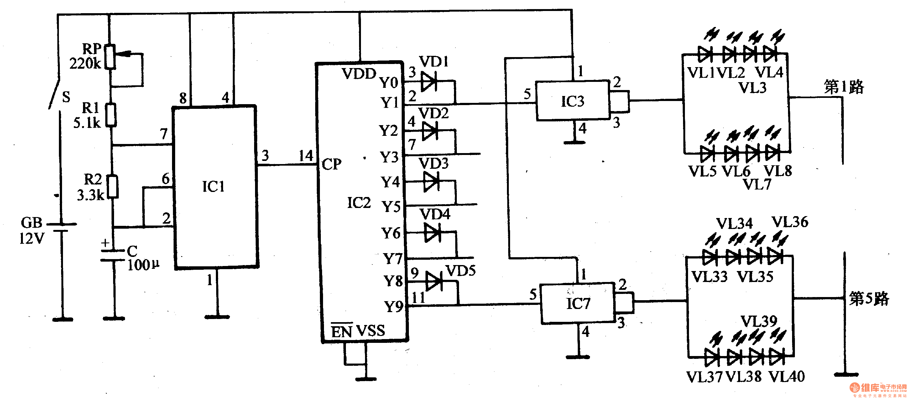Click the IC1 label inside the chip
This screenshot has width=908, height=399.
[x=213, y=186]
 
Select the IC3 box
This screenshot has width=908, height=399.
[x=572, y=101]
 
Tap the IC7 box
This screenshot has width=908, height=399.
[x=577, y=303]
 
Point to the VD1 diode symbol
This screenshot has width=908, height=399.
[x=429, y=81]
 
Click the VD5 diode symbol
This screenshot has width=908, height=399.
[x=434, y=281]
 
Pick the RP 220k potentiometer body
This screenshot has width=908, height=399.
[x=111, y=56]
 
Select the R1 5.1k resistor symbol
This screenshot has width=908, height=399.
[x=112, y=115]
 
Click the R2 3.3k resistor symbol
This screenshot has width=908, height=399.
[x=113, y=187]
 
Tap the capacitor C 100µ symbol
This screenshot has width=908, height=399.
[x=113, y=255]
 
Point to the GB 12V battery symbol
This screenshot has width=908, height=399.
[x=62, y=227]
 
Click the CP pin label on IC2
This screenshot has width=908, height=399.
[x=331, y=164]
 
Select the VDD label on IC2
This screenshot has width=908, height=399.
[x=358, y=74]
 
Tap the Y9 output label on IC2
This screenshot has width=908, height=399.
[x=393, y=306]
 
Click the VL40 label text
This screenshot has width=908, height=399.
[x=787, y=377]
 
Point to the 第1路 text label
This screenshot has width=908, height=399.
[x=844, y=87]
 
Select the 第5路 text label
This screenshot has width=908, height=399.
[x=869, y=298]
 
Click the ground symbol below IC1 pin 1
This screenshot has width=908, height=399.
[x=217, y=317]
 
